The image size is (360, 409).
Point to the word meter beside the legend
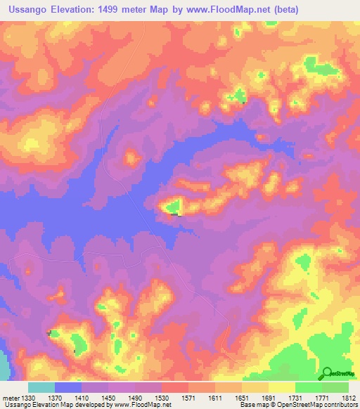11,398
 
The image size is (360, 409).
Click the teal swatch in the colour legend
41,387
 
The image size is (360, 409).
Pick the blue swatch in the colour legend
68,387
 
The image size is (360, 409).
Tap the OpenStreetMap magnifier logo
326,373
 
